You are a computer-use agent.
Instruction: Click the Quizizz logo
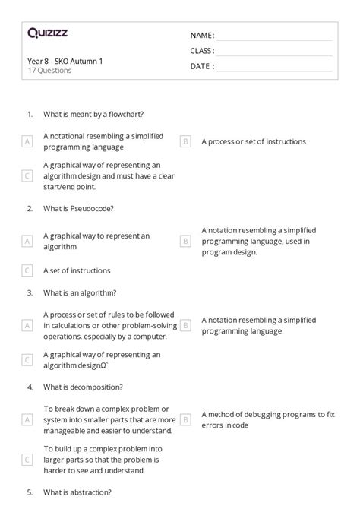(x=47, y=33)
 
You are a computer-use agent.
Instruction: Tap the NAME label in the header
(x=201, y=36)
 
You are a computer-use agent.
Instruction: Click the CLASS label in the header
(x=202, y=51)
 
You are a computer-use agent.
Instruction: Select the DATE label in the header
(x=201, y=66)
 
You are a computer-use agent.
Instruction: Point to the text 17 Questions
(x=49, y=71)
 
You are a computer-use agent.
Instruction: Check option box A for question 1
(x=27, y=141)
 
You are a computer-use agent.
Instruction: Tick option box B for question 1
(x=185, y=141)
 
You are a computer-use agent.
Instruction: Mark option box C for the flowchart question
(x=27, y=175)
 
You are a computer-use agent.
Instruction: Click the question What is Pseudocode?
(x=79, y=207)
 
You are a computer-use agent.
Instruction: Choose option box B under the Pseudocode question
(x=185, y=241)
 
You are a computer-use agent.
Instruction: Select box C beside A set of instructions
(x=27, y=270)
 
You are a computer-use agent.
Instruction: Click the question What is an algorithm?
(x=80, y=292)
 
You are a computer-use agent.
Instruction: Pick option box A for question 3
(x=27, y=325)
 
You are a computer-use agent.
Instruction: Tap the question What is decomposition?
(x=84, y=387)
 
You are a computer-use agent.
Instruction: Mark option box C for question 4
(x=27, y=459)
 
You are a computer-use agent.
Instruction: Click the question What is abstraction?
(x=79, y=492)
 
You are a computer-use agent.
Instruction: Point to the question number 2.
(x=30, y=207)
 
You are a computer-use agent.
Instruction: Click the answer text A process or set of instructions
(x=254, y=141)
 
